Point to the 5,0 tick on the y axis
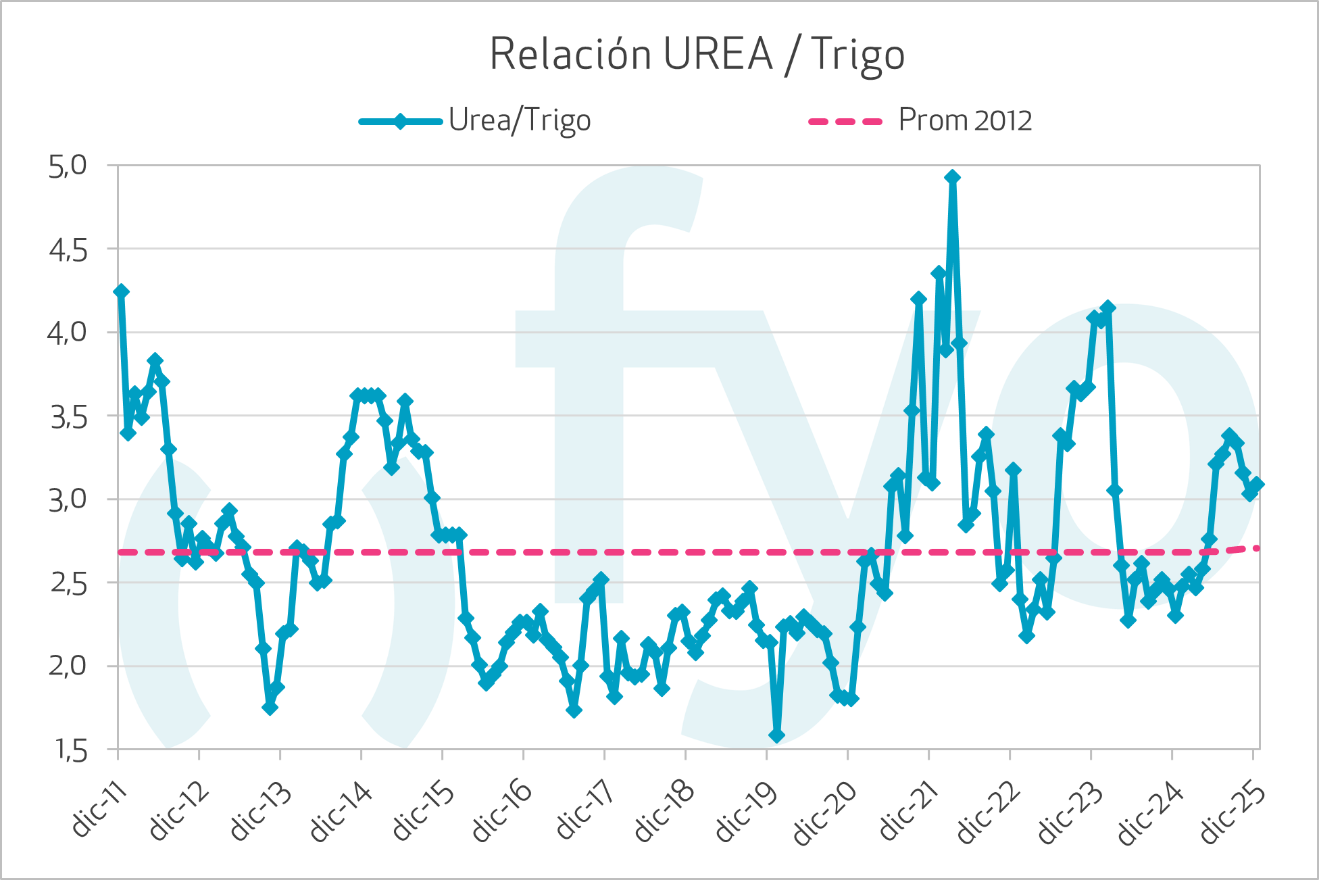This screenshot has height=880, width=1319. pyautogui.click(x=68, y=166)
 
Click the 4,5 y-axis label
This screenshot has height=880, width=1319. pyautogui.click(x=68, y=250)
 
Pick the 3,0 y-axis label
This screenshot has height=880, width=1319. pyautogui.click(x=68, y=500)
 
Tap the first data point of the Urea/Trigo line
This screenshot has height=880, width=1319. pyautogui.click(x=122, y=291)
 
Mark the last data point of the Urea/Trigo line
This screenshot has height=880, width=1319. pyautogui.click(x=1256, y=484)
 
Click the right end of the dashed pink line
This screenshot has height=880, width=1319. pyautogui.click(x=1256, y=547)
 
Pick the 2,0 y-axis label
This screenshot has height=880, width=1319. pyautogui.click(x=68, y=666)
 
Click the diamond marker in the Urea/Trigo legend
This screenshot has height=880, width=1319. pyautogui.click(x=400, y=122)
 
